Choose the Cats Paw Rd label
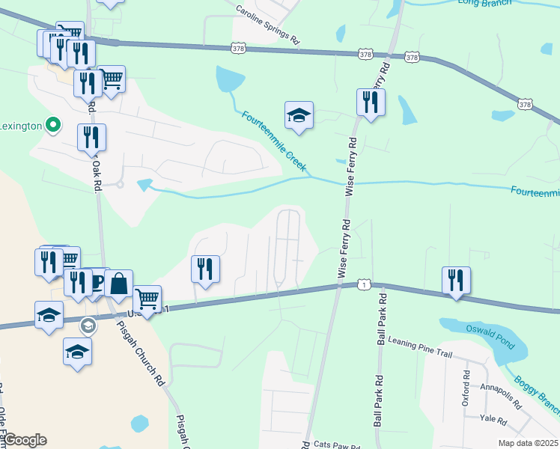click(337, 445)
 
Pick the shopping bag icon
click(118, 284)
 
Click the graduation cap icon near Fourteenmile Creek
click(299, 115)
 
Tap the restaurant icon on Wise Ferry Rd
click(370, 103)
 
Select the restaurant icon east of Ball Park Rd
click(456, 280)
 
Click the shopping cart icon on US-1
click(147, 299)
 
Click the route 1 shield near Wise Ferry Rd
click(363, 284)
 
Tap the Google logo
click(24, 440)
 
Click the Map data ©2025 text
click(528, 443)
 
